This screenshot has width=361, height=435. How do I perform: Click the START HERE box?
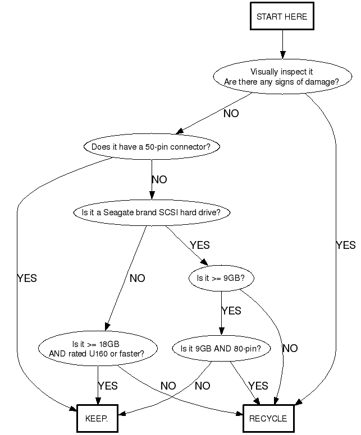pos(282,17)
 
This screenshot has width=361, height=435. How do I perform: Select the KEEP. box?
pos(97,418)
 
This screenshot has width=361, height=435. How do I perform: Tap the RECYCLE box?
pos(268,418)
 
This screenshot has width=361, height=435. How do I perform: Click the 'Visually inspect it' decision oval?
pos(281,77)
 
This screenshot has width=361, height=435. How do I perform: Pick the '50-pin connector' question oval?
pos(151,147)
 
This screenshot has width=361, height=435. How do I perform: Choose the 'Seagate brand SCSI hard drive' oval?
pos(151,213)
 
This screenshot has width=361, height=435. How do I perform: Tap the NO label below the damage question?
pos(231,114)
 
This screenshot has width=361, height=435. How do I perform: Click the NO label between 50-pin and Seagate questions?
pos(159,180)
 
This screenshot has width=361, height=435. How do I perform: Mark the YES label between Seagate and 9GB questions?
pos(200,246)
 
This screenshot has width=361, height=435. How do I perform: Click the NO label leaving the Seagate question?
pos(138,278)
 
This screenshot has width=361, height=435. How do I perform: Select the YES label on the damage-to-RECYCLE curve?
pos(345,246)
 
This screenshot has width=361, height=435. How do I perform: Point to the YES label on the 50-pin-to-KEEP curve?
pos(27,278)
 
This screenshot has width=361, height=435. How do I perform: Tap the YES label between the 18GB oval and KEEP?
pos(108,386)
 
